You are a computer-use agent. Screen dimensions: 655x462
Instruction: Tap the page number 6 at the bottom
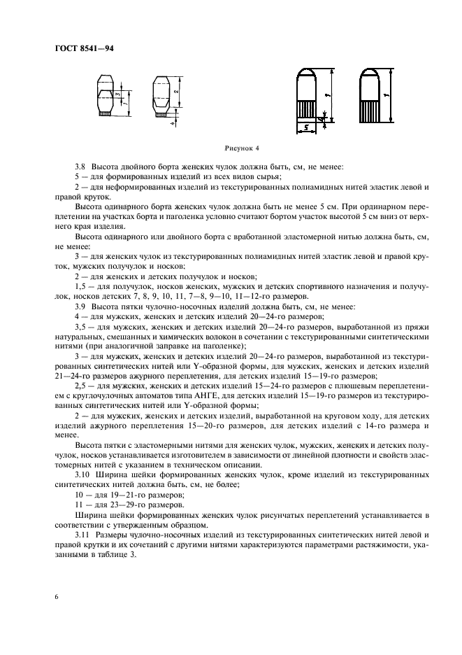point(55,596)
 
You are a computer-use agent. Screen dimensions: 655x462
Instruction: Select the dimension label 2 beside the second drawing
point(178,90)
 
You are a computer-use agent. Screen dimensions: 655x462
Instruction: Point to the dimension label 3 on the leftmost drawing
point(120,92)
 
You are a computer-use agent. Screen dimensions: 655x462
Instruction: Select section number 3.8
point(80,167)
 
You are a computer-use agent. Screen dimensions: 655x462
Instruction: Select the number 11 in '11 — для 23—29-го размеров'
point(78,504)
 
